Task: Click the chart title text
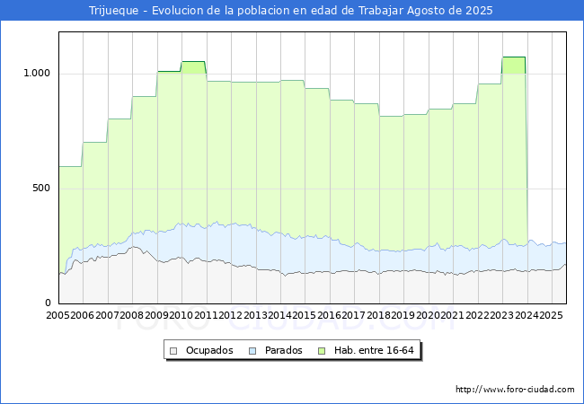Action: (x=291, y=11)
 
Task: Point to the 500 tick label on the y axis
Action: (x=40, y=189)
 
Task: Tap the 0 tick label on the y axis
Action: (x=49, y=303)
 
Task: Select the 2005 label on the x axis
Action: (x=58, y=316)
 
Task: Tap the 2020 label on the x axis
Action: (x=427, y=316)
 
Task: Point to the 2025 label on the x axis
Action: (x=549, y=316)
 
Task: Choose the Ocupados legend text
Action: (x=209, y=350)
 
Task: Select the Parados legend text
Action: (x=283, y=350)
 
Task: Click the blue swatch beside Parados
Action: (x=252, y=350)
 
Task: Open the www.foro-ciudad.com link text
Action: (x=515, y=390)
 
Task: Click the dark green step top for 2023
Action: (x=513, y=57)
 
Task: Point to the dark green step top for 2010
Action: (x=193, y=62)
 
